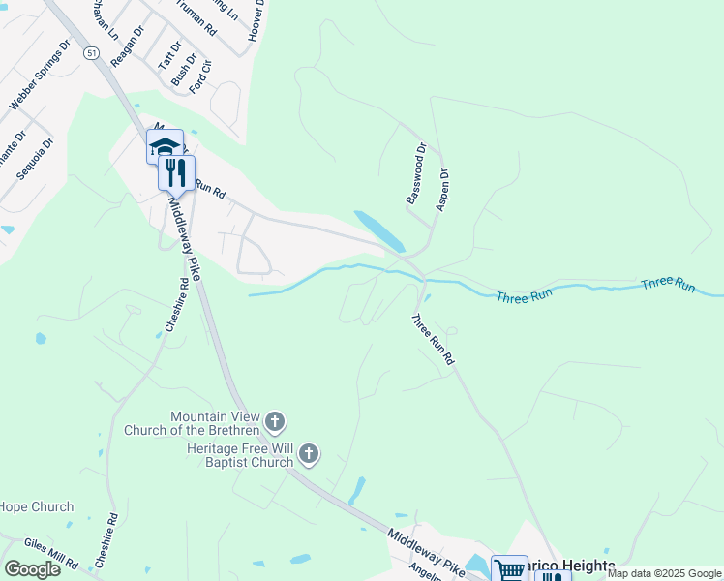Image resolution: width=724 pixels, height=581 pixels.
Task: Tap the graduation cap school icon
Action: pos(165,147)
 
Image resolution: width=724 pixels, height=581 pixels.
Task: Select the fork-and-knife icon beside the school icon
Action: pos(176,173)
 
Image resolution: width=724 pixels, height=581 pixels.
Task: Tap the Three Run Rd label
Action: pos(433,339)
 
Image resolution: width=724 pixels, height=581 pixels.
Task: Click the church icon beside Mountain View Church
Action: pos(276,421)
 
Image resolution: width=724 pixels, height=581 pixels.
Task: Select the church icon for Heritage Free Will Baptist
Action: pos(309,453)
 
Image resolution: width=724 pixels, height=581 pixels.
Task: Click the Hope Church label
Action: pos(37,506)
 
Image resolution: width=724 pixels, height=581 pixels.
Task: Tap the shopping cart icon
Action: pos(509,569)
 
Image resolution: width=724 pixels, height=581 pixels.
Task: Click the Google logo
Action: pos(32,568)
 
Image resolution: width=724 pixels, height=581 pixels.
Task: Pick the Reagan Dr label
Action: pos(127,46)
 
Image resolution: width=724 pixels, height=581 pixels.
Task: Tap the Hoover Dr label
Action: pos(256,18)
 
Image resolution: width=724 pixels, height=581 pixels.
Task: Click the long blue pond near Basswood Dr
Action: pos(379,230)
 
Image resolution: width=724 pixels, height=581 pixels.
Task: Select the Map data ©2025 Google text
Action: pos(665,573)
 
